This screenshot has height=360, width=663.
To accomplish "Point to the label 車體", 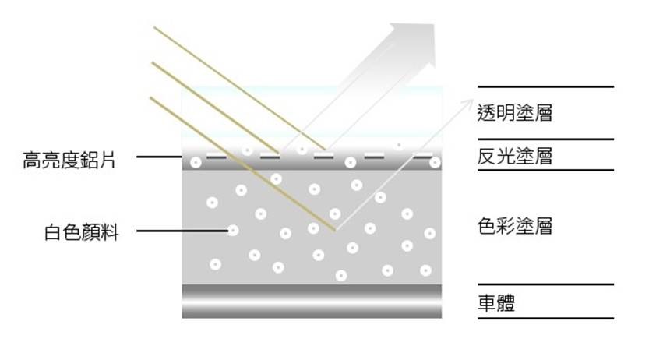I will click(x=496, y=302).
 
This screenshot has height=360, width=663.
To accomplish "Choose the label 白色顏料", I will click(x=82, y=231).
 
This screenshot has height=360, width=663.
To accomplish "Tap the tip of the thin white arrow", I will click(x=472, y=102).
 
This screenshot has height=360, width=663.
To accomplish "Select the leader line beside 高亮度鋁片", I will click(x=160, y=157).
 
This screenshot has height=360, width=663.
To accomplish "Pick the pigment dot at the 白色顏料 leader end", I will click(x=232, y=230).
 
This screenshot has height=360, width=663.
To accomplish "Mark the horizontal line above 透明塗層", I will click(x=545, y=86).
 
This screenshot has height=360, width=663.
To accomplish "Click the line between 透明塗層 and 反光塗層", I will click(x=545, y=139).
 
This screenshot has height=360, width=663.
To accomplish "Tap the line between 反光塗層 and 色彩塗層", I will click(x=545, y=170).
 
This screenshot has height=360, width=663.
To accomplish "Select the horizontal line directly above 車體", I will click(x=545, y=285).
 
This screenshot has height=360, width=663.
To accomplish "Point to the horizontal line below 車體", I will click(x=545, y=318).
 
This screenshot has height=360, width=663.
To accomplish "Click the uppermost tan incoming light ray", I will click(x=234, y=85).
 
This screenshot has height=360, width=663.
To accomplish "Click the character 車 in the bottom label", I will click(x=486, y=302).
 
